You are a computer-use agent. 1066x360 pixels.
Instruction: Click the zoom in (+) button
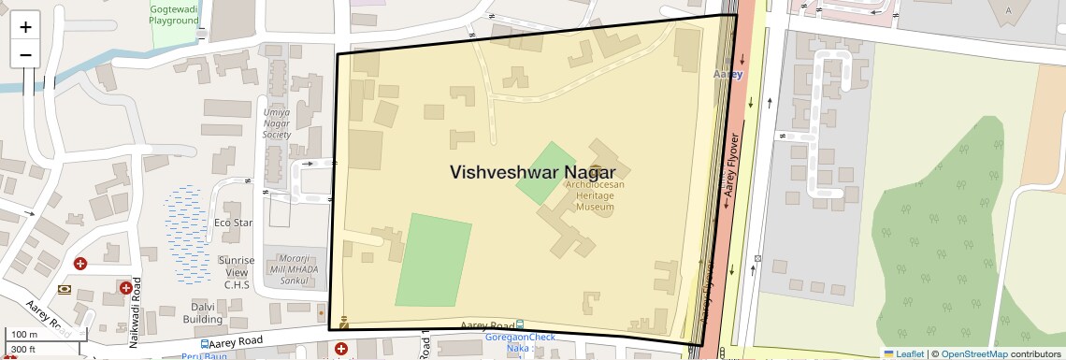tap(25, 27)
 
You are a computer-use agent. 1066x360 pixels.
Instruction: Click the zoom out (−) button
tap(25, 54)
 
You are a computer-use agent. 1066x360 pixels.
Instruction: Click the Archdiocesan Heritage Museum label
tap(595, 195)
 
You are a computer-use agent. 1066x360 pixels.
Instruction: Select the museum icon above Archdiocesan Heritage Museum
tap(595, 171)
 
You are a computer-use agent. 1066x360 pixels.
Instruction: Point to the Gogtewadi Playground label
tap(175, 13)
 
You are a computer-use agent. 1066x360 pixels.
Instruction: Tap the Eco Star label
tap(234, 223)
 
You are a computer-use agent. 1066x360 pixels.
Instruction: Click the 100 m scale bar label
tap(24, 335)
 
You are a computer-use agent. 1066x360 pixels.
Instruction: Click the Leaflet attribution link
tap(903, 353)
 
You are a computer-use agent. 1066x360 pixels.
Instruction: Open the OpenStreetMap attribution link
tap(973, 353)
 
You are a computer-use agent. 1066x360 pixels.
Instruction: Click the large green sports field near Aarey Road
tap(432, 259)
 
